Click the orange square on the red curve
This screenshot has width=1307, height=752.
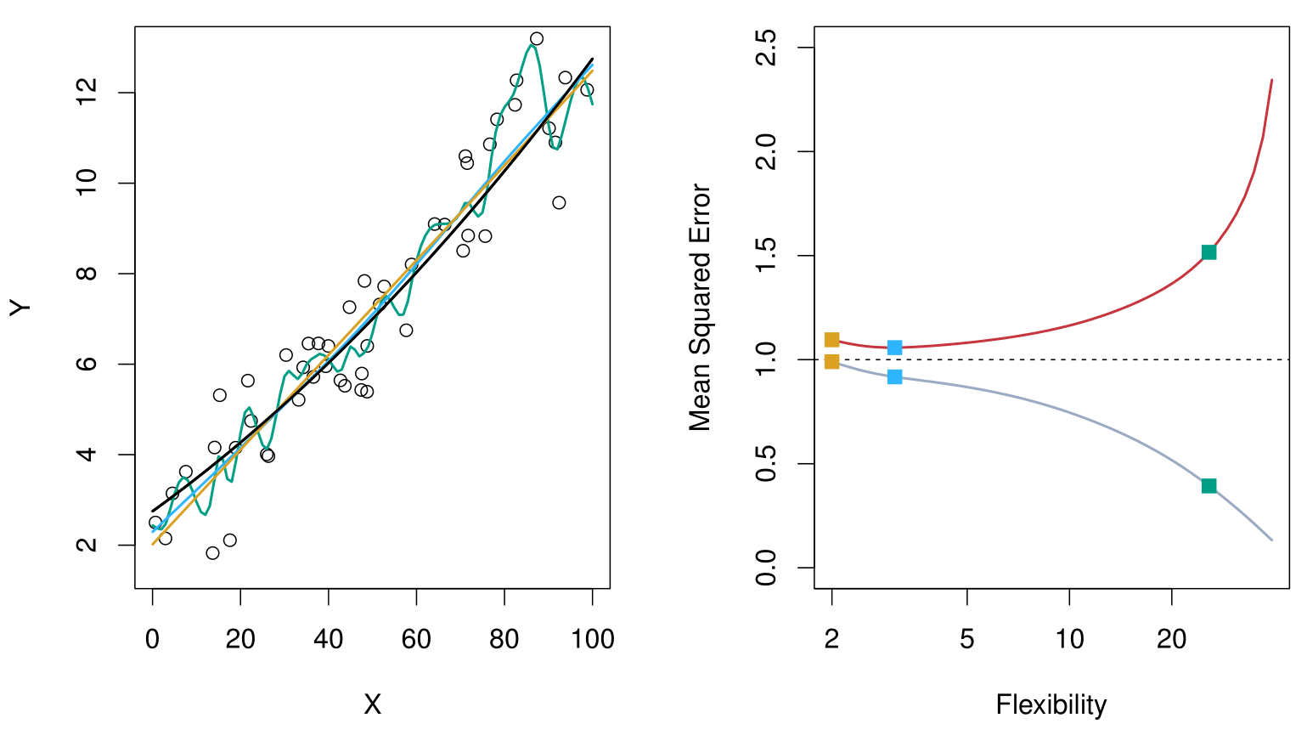coord(831,340)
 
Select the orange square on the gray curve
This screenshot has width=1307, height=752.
coord(831,362)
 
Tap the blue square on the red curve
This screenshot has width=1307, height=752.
coord(894,348)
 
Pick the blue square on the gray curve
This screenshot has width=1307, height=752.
coord(894,376)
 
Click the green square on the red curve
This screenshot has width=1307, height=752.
coord(1208,252)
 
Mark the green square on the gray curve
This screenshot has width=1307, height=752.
coord(1208,486)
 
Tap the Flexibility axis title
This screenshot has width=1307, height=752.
coord(1051,704)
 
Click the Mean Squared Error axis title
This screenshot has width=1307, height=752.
coord(700,308)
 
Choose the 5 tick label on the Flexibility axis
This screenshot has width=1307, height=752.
coord(967,639)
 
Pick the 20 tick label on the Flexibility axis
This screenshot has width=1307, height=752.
coord(1171,639)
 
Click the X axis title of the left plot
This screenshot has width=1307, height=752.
coord(372,704)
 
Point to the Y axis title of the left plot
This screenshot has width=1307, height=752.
coord(20,308)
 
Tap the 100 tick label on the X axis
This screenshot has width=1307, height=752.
coord(592,639)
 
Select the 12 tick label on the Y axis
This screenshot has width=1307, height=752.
coord(87,93)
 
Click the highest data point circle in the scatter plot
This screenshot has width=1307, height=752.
coord(536,39)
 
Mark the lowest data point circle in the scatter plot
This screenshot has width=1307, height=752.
coord(212,553)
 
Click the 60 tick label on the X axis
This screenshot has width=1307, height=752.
coord(416,639)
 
